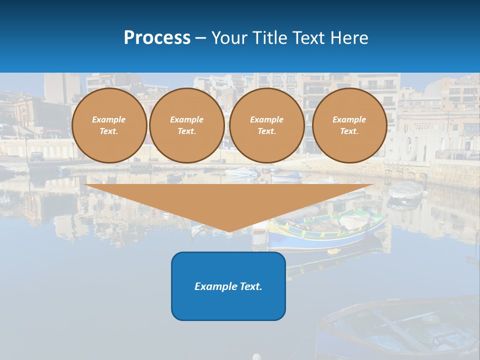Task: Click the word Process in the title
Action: click(x=157, y=38)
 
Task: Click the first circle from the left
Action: click(x=109, y=125)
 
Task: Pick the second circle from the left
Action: click(x=187, y=125)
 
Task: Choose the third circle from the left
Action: click(x=266, y=125)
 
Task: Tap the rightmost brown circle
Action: click(x=349, y=125)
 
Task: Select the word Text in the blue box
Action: click(x=251, y=286)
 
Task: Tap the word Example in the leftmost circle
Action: click(x=109, y=119)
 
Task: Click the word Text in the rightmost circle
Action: click(x=349, y=131)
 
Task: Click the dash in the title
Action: click(x=200, y=38)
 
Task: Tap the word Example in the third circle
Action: click(x=266, y=119)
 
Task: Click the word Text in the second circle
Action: click(x=187, y=131)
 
